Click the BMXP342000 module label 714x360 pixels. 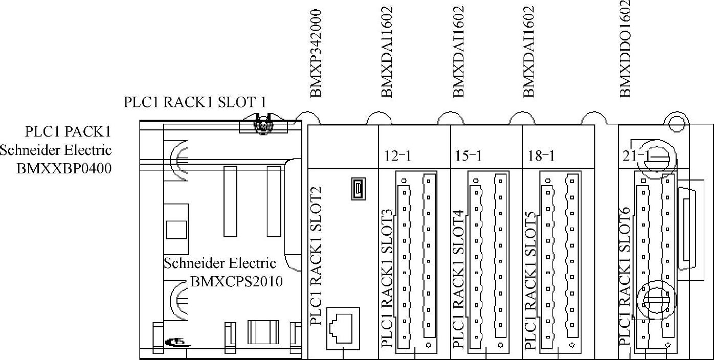tap(316, 53)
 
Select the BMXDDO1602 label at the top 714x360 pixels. tap(624, 48)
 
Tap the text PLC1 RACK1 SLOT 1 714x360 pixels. tap(195, 102)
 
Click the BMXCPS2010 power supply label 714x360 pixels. tap(236, 281)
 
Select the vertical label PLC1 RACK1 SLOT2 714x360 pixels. tap(316, 256)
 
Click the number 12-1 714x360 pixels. tap(397, 156)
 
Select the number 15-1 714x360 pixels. tap(468, 156)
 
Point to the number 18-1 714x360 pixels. tap(541, 156)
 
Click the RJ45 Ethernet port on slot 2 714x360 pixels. tap(343, 327)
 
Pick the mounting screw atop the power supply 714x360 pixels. tap(262, 124)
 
